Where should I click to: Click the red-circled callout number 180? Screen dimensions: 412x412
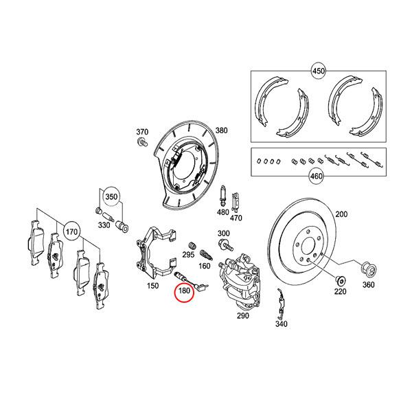[185, 292]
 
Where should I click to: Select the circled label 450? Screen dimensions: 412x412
[318, 71]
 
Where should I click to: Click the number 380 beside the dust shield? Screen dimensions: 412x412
[221, 130]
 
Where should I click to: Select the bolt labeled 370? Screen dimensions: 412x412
[143, 142]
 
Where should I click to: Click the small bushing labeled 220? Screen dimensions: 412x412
[338, 280]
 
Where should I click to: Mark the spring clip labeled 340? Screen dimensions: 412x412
[280, 302]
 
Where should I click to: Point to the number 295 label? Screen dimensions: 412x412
[187, 254]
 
